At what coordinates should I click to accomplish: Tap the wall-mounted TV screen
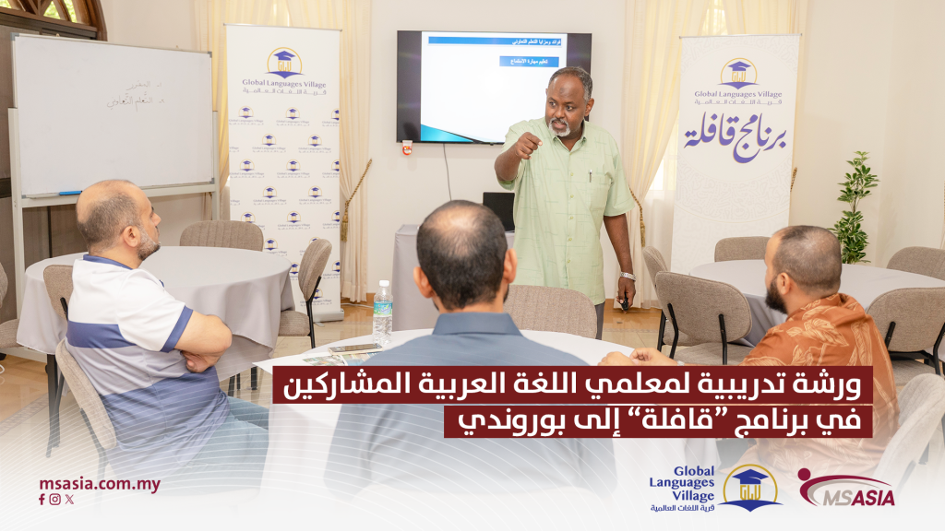click(x=494, y=87)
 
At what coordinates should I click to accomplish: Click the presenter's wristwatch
click(x=628, y=276)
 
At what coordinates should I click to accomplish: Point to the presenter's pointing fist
click(x=526, y=146)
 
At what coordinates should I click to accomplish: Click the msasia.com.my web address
click(x=100, y=484)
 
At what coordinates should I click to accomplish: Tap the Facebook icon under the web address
click(x=42, y=500)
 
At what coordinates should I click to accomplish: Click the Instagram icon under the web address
click(x=55, y=500)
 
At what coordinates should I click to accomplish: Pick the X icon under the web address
click(x=69, y=500)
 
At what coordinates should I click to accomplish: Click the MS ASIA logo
click(x=845, y=490)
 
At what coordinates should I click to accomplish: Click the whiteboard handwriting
click(x=137, y=102)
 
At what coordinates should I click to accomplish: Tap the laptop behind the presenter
click(x=499, y=210)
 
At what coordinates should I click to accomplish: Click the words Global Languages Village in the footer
click(x=680, y=483)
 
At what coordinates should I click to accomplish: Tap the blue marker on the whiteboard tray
click(x=70, y=194)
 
